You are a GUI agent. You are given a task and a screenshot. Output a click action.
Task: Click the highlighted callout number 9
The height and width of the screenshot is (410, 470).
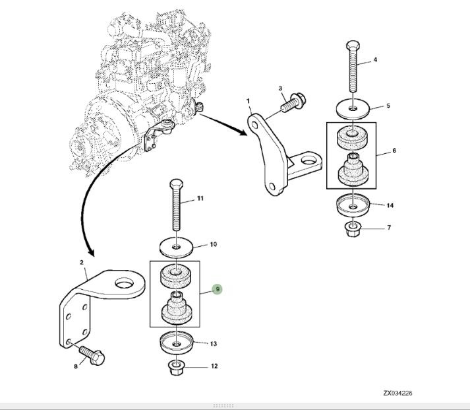[x=218, y=289]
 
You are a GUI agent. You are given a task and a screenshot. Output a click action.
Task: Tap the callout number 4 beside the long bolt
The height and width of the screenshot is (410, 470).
[x=375, y=60]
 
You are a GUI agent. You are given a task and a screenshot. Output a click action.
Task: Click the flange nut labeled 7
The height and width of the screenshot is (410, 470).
[x=354, y=230]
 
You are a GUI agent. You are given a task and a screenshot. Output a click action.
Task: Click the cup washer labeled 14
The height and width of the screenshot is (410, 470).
[x=354, y=205]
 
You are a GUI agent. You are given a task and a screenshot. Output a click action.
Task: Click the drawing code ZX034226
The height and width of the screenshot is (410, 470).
[x=397, y=393]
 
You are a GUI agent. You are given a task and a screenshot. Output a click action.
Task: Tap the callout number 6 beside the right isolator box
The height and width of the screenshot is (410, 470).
[x=394, y=151]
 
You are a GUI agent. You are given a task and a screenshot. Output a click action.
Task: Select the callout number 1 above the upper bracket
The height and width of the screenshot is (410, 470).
[x=248, y=101]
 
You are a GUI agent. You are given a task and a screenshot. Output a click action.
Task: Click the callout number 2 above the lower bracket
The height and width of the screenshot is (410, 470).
[x=82, y=263]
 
